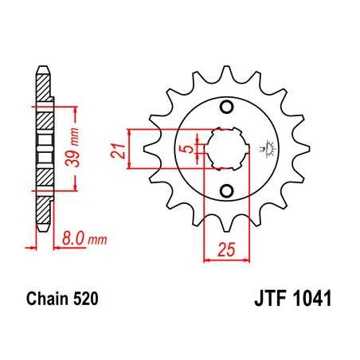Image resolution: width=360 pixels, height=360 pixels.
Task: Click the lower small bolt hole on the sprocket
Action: pyautogui.click(x=225, y=190)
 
